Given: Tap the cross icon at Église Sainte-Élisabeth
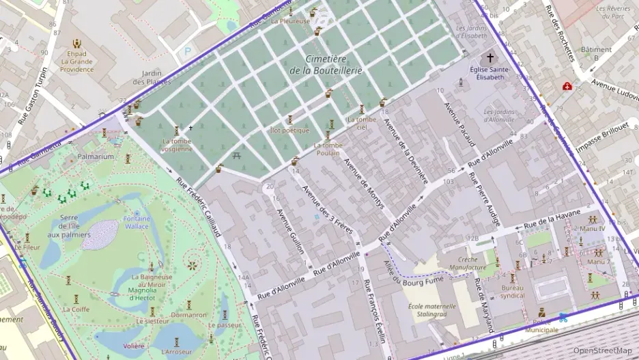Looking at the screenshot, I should pos(489,59).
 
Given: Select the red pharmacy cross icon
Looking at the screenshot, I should pos(567,86).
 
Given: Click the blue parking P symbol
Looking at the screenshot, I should pos(188,50).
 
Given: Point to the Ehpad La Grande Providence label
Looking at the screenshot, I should pos(76,61).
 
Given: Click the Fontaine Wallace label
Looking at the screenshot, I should pos(137,222).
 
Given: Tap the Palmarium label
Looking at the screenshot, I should pos(95,156).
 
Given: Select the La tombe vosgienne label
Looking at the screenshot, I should pos(177,145).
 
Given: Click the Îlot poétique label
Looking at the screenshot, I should pos(289,130).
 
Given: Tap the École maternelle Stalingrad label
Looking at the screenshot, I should pos(431,311).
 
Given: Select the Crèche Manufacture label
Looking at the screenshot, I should pos(468,264).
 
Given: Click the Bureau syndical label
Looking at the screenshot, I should pos(512,292).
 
